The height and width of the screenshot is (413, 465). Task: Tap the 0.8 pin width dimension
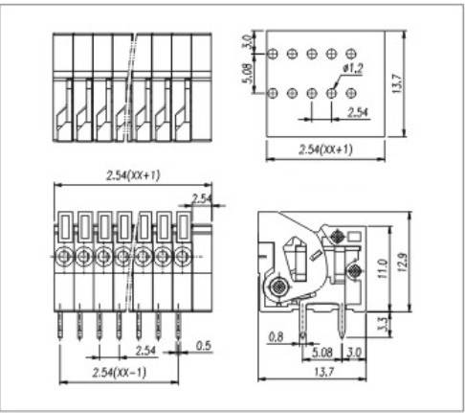point(277,335)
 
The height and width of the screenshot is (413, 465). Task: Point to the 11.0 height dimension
point(382,262)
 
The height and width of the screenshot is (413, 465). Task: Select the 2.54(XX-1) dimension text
point(118,371)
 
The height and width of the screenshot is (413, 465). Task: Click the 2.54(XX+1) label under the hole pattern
point(325,149)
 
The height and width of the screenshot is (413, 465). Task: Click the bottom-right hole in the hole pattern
point(353,93)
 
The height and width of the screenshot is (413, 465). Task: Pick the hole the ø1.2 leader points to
point(332,93)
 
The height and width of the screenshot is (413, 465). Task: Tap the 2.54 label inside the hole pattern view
point(357,115)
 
